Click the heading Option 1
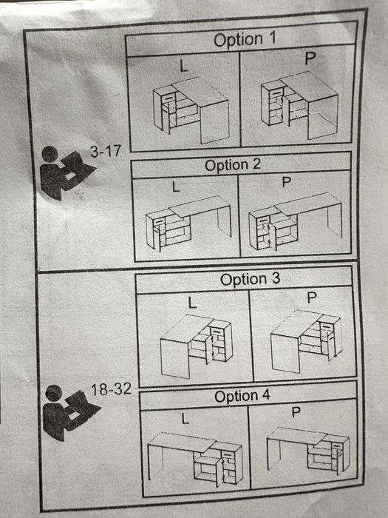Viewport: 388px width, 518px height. [x=245, y=39]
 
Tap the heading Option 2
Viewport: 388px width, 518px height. [x=233, y=164]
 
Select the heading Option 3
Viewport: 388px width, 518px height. [x=250, y=279]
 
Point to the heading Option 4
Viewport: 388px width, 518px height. [x=242, y=396]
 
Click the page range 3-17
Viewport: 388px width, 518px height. [x=106, y=151]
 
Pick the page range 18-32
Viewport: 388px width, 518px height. [x=111, y=389]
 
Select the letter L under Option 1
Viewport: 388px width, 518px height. [x=184, y=66]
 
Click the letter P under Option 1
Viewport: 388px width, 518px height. [x=310, y=58]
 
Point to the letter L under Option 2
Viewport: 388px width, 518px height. [x=176, y=187]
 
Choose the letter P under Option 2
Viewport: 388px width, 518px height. [x=287, y=182]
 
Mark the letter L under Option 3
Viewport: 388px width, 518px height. [x=192, y=302]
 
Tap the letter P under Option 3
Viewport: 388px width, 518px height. [x=312, y=297]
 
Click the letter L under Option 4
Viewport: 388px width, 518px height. [x=185, y=419]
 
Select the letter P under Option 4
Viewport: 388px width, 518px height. [x=296, y=412]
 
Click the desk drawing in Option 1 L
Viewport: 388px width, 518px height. [x=191, y=110]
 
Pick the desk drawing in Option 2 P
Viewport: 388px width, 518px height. [x=295, y=222]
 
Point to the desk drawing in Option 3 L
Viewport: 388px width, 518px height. [x=197, y=346]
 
